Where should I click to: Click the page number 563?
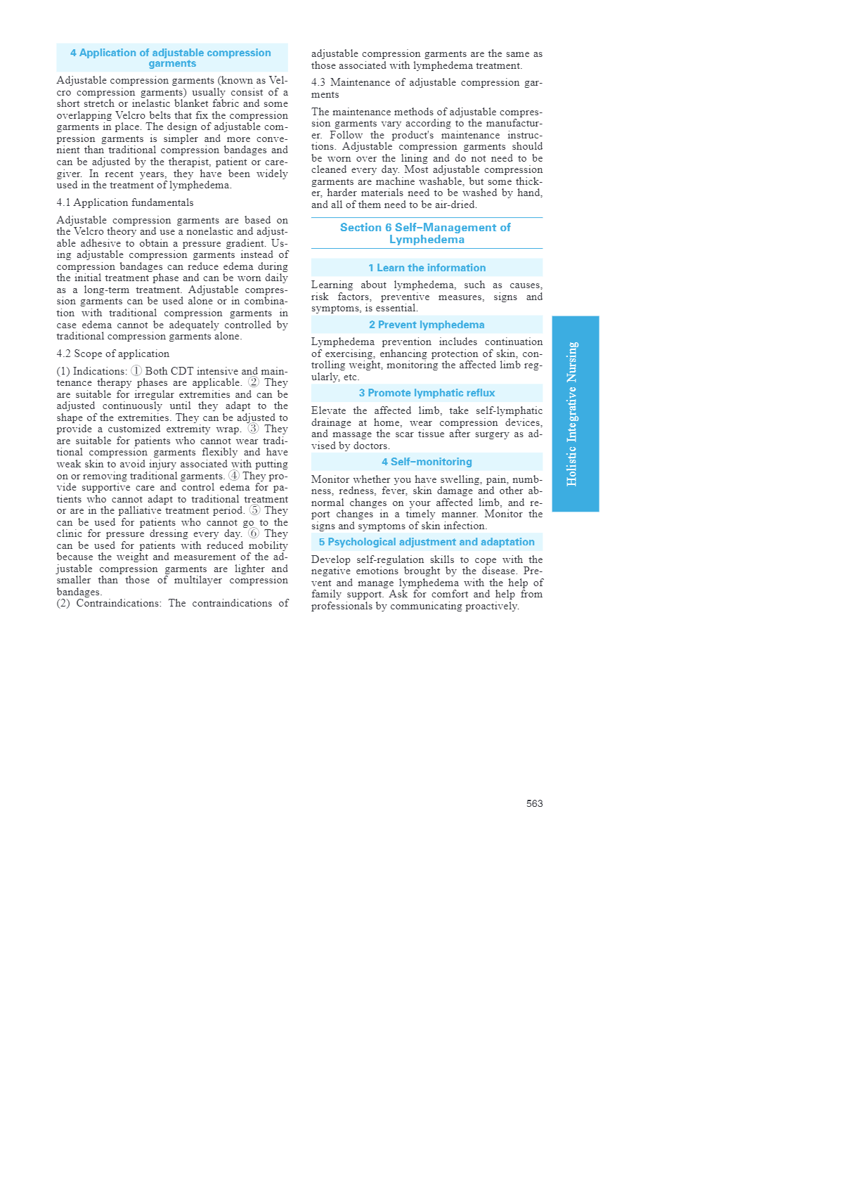(x=534, y=803)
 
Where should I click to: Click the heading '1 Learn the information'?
(x=427, y=268)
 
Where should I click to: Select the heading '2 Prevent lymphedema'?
(x=427, y=325)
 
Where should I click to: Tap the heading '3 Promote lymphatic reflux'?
(x=427, y=393)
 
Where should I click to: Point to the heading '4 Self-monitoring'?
(x=427, y=462)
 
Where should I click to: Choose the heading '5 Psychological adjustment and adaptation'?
(x=427, y=542)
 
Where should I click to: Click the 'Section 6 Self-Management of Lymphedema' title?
(x=426, y=233)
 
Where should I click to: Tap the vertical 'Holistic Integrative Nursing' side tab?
(x=574, y=413)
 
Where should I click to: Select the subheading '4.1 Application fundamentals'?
(x=125, y=203)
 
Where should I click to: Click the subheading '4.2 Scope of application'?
(x=113, y=354)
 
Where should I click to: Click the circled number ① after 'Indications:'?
(x=136, y=371)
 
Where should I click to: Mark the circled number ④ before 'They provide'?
(x=234, y=476)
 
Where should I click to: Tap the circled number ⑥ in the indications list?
(x=253, y=534)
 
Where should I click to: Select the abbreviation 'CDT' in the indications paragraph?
(x=182, y=371)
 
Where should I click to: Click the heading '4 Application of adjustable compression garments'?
(x=171, y=58)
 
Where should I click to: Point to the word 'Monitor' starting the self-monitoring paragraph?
(x=330, y=480)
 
